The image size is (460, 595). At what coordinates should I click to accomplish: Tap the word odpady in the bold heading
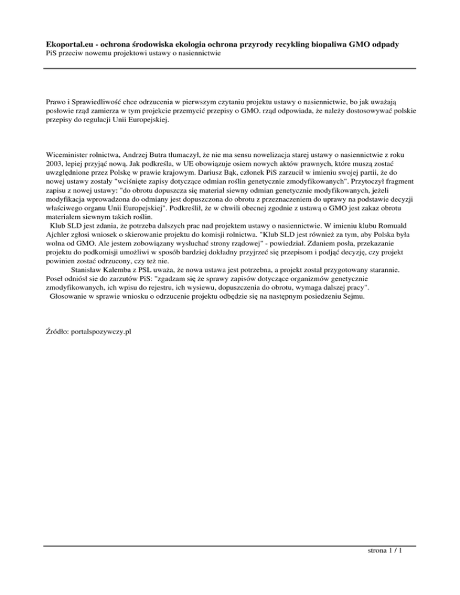pyautogui.click(x=401, y=45)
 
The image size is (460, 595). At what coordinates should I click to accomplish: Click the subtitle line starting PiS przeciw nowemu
pyautogui.click(x=134, y=54)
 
